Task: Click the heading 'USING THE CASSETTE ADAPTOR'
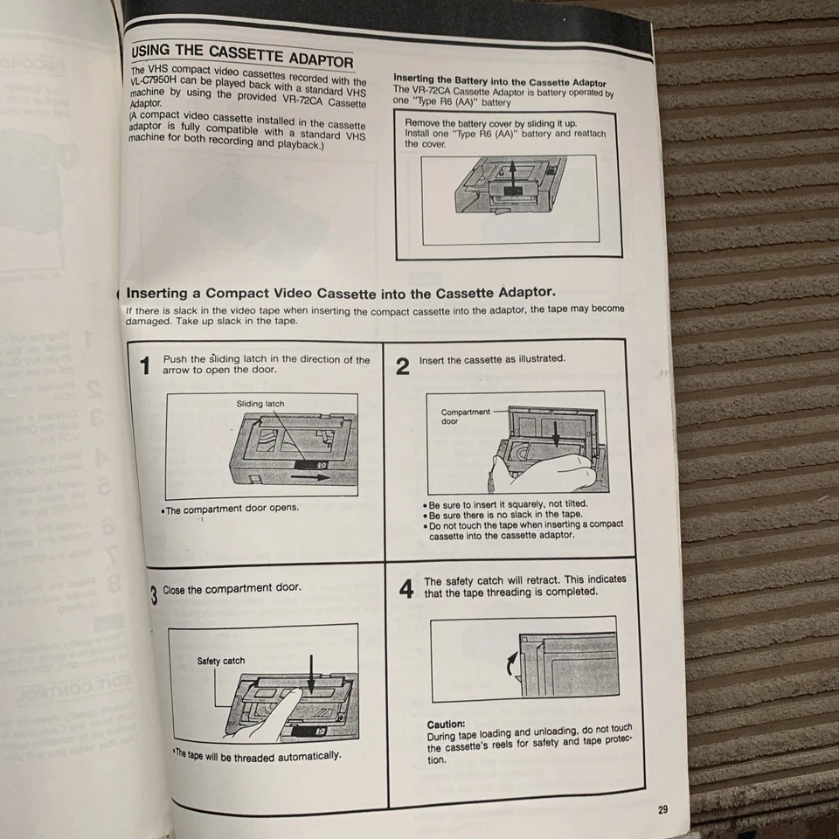coord(241,55)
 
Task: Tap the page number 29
coord(662,809)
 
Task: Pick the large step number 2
coord(402,365)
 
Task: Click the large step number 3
coord(153,596)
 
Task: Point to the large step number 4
coord(406,589)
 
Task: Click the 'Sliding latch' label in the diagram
coord(260,404)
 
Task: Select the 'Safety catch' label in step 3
coord(221,661)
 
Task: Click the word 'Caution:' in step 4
coord(446,725)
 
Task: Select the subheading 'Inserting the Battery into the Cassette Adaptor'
coord(499,80)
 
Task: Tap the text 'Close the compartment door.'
coord(232,589)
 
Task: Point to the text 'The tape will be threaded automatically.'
coord(257,755)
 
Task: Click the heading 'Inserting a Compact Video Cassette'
coord(341,294)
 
